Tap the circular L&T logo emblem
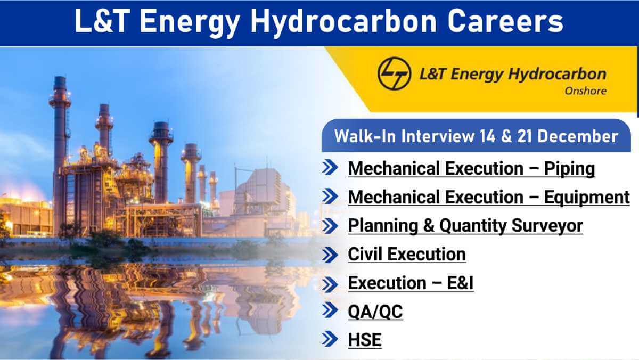pos(394,73)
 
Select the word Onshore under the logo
pos(585,91)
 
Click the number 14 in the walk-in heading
pos(488,136)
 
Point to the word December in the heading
pos(578,136)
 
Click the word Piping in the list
pos(569,169)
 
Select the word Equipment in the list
pos(587,198)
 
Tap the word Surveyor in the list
pos(547,225)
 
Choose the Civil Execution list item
pos(407,254)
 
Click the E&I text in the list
pos(460,283)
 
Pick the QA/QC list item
pos(375,312)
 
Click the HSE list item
pos(365,340)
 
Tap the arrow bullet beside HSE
pos(330,339)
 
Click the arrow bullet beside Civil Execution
pos(330,255)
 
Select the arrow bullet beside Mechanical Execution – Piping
pos(330,167)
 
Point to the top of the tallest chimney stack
pos(60,78)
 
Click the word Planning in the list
pos(383,226)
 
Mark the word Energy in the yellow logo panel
pos(477,75)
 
